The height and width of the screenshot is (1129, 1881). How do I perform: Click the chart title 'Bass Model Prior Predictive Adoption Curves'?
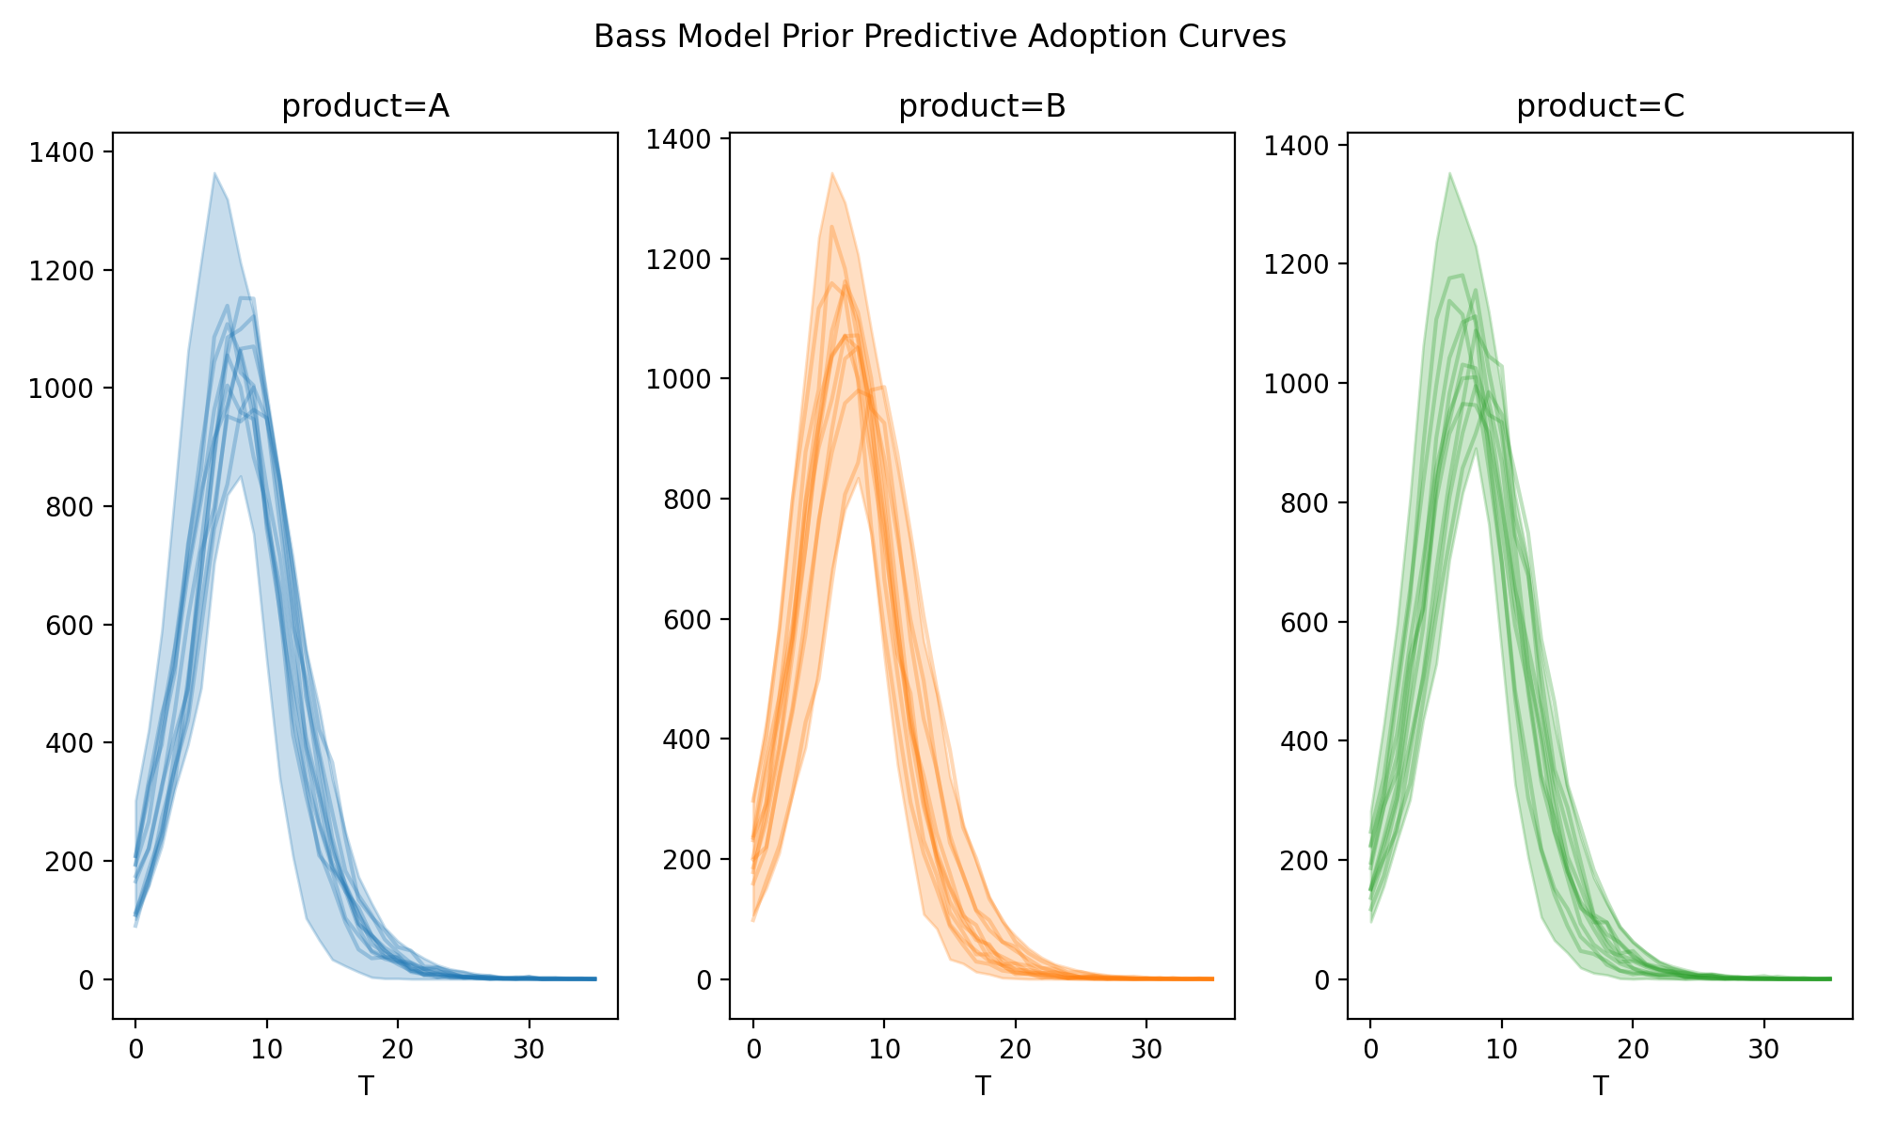(x=940, y=37)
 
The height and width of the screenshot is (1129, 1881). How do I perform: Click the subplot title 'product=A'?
(x=365, y=107)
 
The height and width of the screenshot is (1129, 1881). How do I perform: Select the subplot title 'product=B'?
(x=982, y=107)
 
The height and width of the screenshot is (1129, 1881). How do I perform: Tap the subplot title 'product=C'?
(x=1600, y=107)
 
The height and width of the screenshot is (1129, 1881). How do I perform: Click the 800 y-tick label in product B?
(x=689, y=500)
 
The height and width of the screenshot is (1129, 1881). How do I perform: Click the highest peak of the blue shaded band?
(x=214, y=173)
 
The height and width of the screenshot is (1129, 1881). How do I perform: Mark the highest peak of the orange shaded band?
(x=832, y=173)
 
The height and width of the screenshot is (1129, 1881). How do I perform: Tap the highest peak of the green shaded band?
(x=1449, y=173)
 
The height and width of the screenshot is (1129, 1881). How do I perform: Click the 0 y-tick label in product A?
(x=87, y=980)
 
